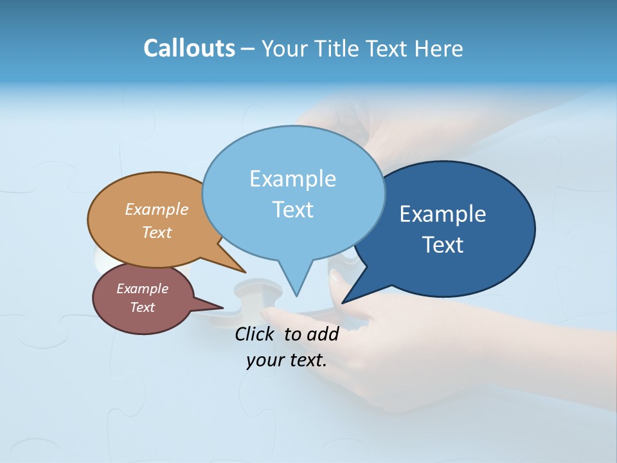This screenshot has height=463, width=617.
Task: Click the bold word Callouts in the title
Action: click(x=189, y=48)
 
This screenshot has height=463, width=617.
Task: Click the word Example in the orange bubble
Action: click(x=157, y=209)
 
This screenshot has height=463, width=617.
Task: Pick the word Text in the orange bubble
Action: click(x=157, y=232)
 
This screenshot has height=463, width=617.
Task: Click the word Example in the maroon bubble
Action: click(x=142, y=289)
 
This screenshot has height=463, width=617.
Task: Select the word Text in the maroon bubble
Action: click(x=142, y=307)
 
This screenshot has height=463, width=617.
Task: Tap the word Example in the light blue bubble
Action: click(x=292, y=179)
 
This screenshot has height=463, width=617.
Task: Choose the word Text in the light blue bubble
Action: click(x=292, y=210)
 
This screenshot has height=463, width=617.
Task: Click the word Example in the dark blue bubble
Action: click(x=443, y=214)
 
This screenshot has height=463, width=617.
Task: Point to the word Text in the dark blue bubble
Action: click(x=443, y=244)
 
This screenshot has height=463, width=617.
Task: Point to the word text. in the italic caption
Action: click(x=306, y=360)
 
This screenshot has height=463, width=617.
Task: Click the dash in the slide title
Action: click(x=248, y=50)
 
